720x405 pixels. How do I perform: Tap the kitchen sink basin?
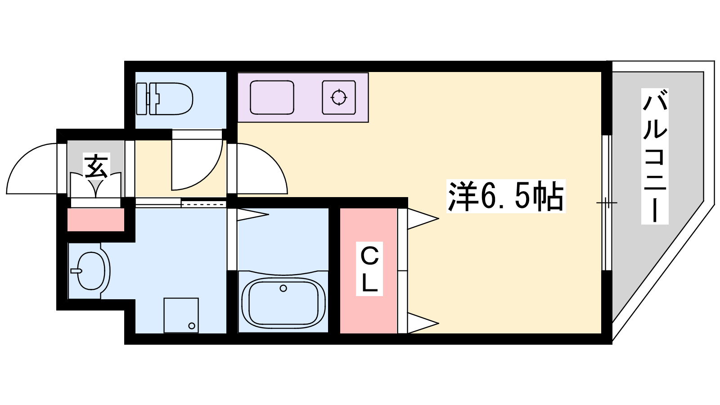coord(272,98)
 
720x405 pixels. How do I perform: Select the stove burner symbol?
coord(339,97)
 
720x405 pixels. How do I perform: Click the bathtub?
coord(283,301)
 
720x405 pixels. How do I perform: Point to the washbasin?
coord(92,271)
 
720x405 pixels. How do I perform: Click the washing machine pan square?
coord(181,315)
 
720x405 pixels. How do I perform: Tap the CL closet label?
coord(369,269)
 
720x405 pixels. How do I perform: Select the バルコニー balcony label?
coord(655,156)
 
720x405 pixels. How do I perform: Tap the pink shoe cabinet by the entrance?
coord(96,220)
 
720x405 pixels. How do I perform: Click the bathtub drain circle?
coord(283,288)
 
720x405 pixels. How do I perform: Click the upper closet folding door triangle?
coord(422,219)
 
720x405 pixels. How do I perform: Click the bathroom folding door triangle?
coord(252,215)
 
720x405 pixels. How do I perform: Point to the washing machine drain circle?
coord(192,326)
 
